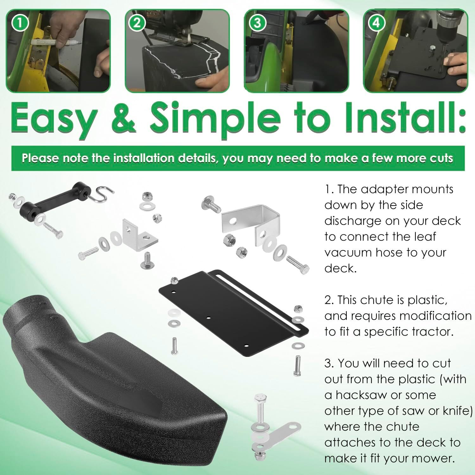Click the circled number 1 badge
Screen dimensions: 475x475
[x=20, y=23]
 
